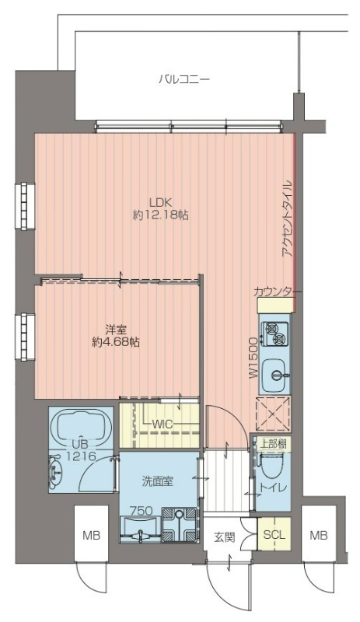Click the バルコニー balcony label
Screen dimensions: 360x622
pyautogui.click(x=183, y=79)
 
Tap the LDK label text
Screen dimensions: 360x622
pyautogui.click(x=160, y=202)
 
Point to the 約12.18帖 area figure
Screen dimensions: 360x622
pyautogui.click(x=160, y=215)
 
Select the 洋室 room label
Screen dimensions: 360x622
pyautogui.click(x=116, y=330)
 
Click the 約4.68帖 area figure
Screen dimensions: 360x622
pyautogui.click(x=116, y=342)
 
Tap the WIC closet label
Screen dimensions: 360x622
pyautogui.click(x=163, y=425)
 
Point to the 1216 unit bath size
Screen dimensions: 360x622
pyautogui.click(x=81, y=456)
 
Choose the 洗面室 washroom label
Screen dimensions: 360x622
pyautogui.click(x=158, y=481)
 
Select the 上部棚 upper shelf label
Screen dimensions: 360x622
pyautogui.click(x=273, y=443)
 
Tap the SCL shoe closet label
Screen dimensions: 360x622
pyautogui.click(x=274, y=534)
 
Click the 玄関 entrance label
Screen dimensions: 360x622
pyautogui.click(x=225, y=537)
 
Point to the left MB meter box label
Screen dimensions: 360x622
pyautogui.click(x=91, y=536)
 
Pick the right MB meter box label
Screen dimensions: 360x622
pyautogui.click(x=319, y=536)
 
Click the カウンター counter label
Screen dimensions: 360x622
pyautogui.click(x=277, y=292)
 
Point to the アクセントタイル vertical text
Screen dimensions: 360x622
pyautogui.click(x=288, y=219)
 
